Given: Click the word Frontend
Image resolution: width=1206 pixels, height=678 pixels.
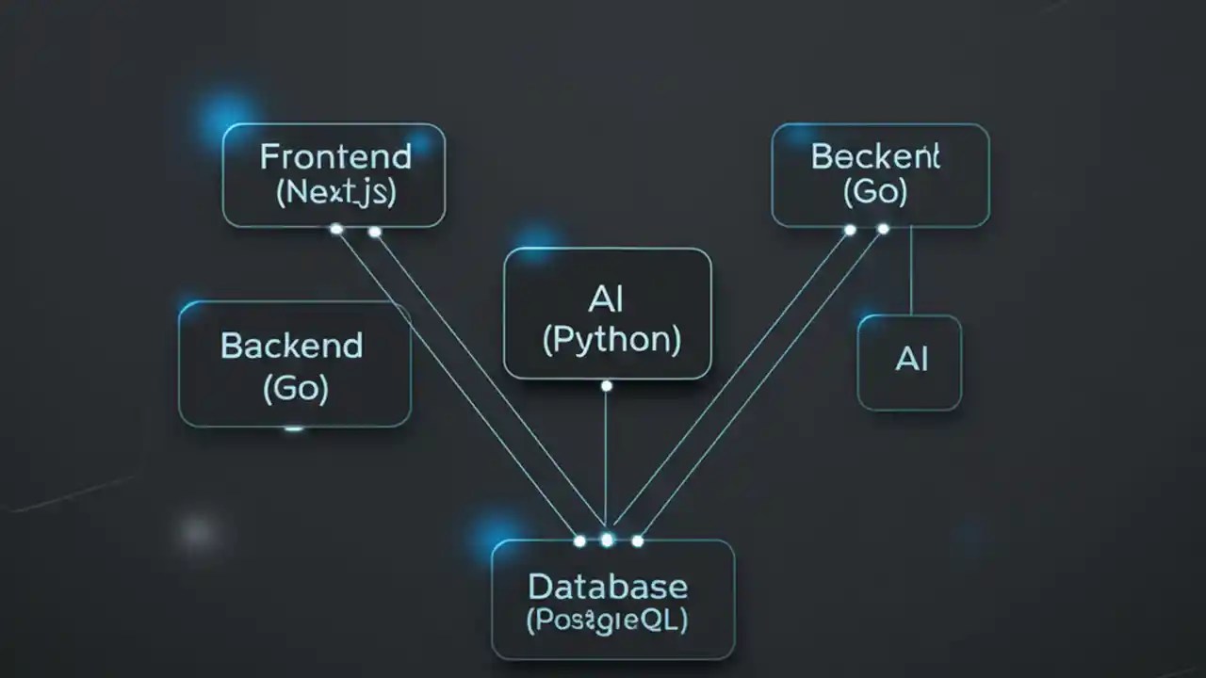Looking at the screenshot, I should point(335,156).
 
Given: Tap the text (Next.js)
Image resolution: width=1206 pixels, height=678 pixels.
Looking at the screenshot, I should point(336,192).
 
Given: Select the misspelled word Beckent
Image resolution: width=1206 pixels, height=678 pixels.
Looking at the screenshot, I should point(875,157).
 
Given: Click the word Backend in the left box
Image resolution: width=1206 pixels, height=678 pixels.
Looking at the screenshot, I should point(291,346).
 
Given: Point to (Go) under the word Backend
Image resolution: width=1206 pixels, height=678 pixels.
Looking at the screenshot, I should point(296,388).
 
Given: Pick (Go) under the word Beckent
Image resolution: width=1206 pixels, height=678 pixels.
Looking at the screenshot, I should point(875,192).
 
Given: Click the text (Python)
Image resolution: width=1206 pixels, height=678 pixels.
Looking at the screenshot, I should point(611,339).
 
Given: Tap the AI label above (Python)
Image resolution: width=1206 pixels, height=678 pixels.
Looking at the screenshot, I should point(606,300).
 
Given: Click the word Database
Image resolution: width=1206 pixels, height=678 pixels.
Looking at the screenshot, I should point(607,587).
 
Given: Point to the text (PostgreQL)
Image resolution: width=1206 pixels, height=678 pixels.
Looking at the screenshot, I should point(607,621).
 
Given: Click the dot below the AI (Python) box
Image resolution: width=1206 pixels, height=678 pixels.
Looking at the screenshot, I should point(606,386).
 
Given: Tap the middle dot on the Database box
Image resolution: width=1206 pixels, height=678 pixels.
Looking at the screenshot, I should point(607,540).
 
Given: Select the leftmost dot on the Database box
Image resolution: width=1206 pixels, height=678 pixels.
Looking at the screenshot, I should point(579,541).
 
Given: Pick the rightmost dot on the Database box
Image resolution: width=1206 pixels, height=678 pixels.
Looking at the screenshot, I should point(638,541).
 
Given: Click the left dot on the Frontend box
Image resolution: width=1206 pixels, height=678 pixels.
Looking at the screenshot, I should point(336,229).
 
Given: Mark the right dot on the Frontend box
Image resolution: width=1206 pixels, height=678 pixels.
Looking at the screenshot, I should point(374,231).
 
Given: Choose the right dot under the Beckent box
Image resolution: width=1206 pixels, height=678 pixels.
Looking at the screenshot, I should point(883,229).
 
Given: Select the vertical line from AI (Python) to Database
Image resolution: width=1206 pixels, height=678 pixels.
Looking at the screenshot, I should point(606,461).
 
